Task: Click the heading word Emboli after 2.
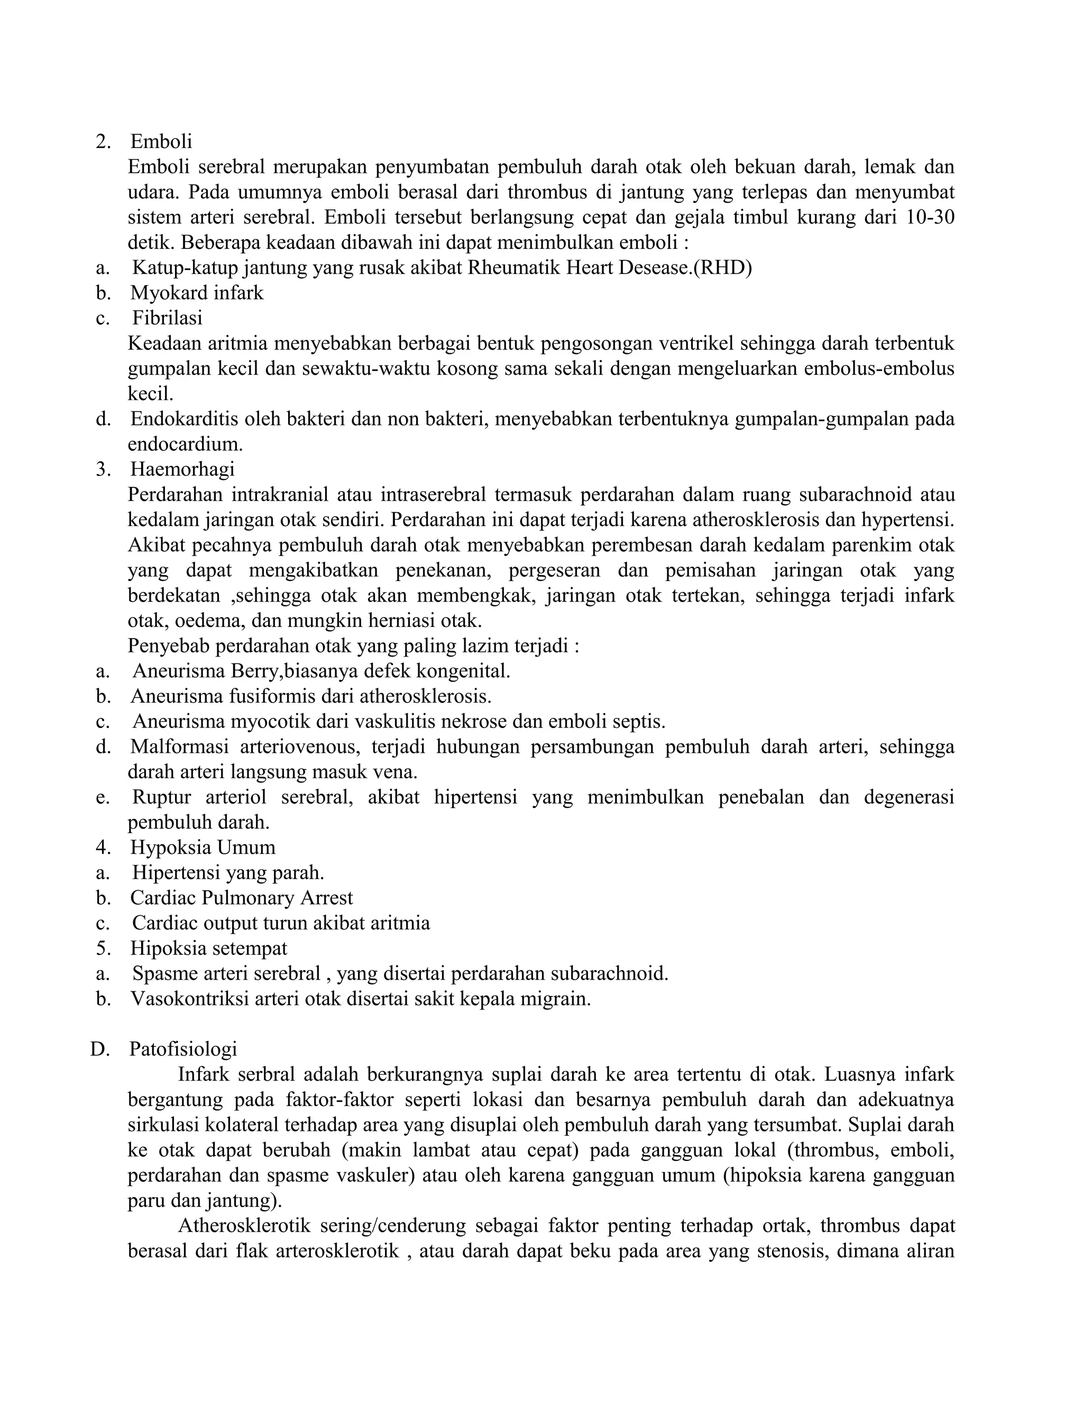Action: click(161, 141)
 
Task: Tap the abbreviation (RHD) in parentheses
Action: click(722, 268)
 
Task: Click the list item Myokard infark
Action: click(197, 293)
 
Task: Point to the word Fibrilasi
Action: click(168, 318)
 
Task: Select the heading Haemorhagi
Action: click(182, 469)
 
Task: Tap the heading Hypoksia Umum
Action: click(203, 847)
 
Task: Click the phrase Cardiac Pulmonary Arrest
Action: click(242, 898)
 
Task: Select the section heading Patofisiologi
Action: click(183, 1049)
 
